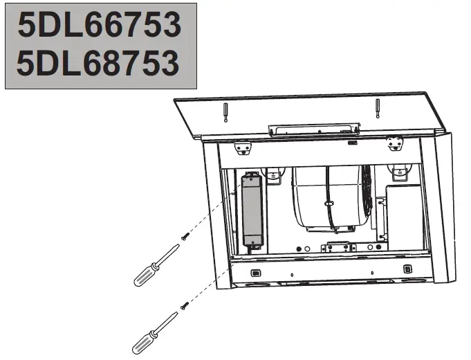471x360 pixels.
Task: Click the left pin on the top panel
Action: tap(226, 111)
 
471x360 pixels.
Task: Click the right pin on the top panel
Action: tap(377, 109)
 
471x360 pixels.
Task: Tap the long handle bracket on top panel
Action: tap(313, 128)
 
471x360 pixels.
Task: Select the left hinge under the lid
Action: tap(242, 147)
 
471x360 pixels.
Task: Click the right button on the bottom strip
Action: tap(407, 268)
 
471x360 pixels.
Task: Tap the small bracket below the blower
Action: tap(339, 246)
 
